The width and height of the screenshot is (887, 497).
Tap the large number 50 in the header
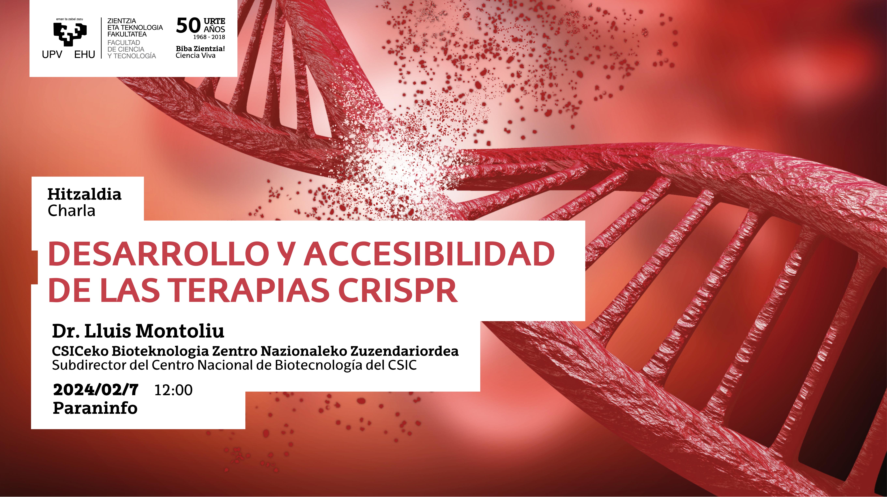[x=188, y=25]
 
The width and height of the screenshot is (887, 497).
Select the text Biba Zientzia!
[x=200, y=49]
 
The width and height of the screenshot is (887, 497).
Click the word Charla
[x=71, y=211]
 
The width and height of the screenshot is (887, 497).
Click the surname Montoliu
[x=180, y=331]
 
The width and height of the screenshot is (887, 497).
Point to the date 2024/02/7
[x=96, y=390]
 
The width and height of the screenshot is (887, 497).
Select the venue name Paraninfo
[x=95, y=408]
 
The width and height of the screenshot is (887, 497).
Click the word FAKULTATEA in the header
[x=127, y=34]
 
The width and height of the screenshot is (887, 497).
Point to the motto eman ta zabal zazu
[x=70, y=19]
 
